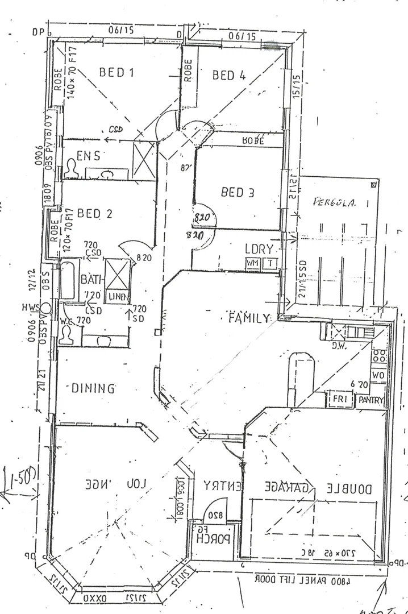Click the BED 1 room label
(x=116, y=72)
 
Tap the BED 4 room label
(x=229, y=74)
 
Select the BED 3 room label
(x=238, y=192)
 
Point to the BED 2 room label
(x=94, y=213)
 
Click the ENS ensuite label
(x=89, y=155)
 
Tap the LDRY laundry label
(x=259, y=249)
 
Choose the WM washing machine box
(x=252, y=263)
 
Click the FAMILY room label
(x=248, y=318)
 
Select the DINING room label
(x=93, y=388)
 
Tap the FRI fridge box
(x=339, y=400)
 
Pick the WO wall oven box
(x=378, y=375)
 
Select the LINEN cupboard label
(x=118, y=296)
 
